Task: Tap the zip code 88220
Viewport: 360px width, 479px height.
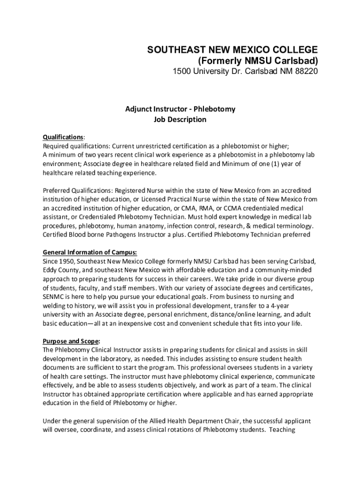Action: point(306,73)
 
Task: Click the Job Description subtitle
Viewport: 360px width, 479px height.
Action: point(180,119)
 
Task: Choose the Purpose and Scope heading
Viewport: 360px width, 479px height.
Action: point(71,341)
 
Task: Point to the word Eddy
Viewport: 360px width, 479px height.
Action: point(50,269)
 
